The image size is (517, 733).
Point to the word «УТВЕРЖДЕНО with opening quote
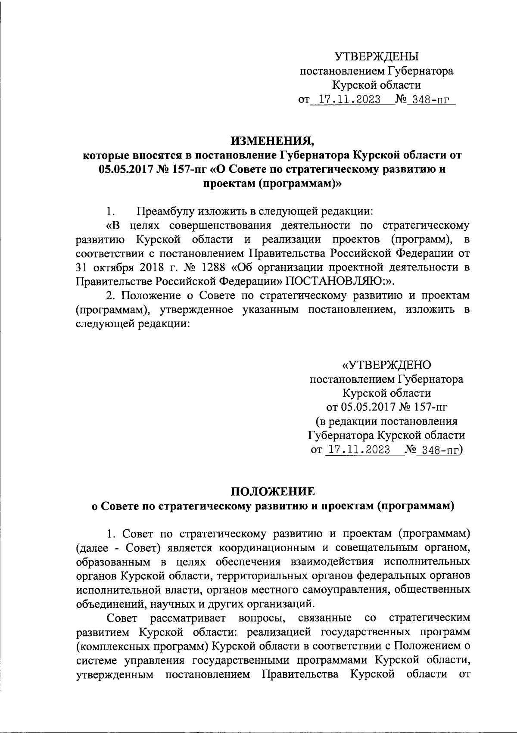coord(386,365)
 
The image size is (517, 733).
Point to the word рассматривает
coord(188,618)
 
